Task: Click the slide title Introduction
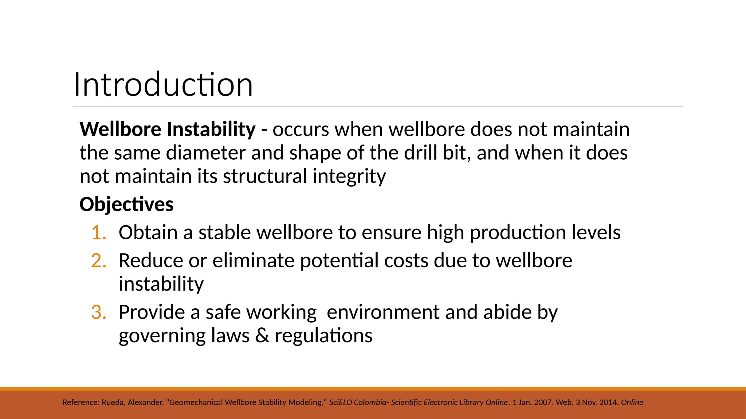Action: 163,85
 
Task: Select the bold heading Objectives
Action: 126,204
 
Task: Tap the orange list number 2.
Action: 98,261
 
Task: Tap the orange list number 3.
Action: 98,312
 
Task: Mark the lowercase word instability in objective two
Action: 161,284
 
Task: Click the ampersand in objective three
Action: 262,335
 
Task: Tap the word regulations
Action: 323,335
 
